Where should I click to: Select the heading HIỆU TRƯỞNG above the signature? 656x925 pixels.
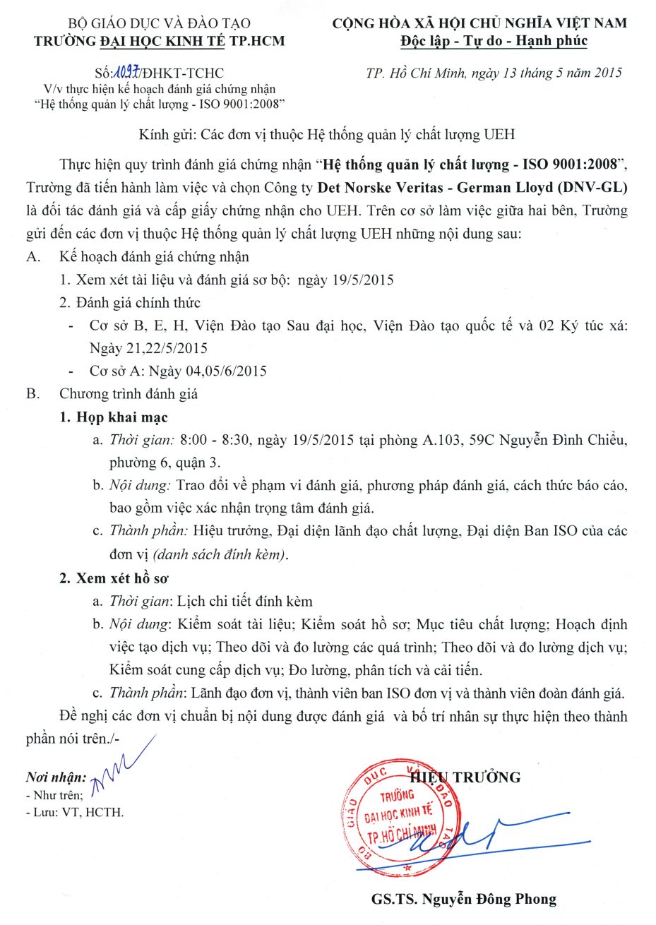tap(475, 777)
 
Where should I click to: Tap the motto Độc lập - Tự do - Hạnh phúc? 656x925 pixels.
tap(494, 41)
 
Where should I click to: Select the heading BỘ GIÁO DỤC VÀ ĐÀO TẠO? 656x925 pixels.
tap(159, 24)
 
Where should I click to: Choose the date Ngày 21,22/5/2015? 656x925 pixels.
tap(148, 348)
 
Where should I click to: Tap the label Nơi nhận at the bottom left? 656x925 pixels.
tap(56, 777)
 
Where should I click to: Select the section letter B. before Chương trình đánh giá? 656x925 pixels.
tap(32, 394)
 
